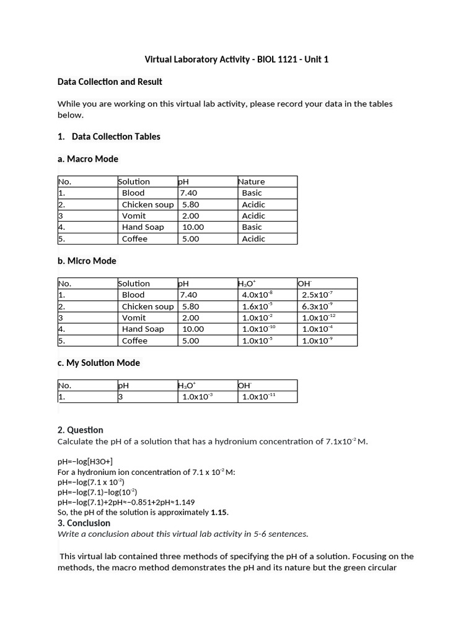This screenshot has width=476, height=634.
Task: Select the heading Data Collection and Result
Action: pos(110,82)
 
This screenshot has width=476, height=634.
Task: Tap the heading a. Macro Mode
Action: pos(87,159)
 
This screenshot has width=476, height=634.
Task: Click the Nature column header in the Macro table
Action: pos(251,181)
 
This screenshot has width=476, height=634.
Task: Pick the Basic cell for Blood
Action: pos(252,193)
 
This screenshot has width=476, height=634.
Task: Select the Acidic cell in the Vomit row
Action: pos(253,215)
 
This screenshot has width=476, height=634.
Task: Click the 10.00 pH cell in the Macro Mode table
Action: pos(193,227)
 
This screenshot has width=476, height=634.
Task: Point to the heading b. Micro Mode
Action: pos(87,261)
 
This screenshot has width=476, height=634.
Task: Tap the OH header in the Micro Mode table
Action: pos(305,284)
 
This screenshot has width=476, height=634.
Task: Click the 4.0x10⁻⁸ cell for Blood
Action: pos(257,295)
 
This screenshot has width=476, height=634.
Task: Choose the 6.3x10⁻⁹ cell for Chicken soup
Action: pos(317,306)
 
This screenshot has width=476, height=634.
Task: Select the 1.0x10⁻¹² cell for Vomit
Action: pos(319,318)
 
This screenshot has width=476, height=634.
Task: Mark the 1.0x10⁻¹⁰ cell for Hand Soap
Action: pos(258,329)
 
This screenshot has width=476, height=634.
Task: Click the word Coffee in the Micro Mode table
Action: pos(134,341)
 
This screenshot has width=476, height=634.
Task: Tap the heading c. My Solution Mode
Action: pos(99,363)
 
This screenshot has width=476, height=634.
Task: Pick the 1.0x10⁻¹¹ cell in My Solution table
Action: pos(258,397)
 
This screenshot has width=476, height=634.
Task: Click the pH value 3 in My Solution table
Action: pos(121,397)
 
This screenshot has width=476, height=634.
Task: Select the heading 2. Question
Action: pos(80,430)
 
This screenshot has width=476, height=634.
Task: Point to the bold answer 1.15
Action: pos(219,512)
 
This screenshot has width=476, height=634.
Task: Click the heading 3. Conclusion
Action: pos(84,523)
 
